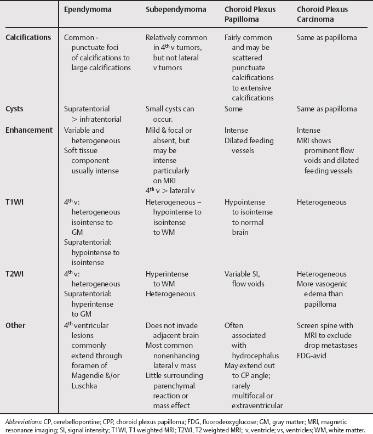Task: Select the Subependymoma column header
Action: (173, 10)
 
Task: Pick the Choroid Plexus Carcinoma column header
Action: (322, 14)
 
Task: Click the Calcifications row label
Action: (28, 38)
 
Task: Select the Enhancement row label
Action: (30, 130)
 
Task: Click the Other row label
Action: (16, 325)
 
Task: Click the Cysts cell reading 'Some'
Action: (234, 109)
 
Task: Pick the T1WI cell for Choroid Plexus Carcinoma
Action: (322, 202)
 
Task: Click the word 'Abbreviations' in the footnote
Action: (21, 421)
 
